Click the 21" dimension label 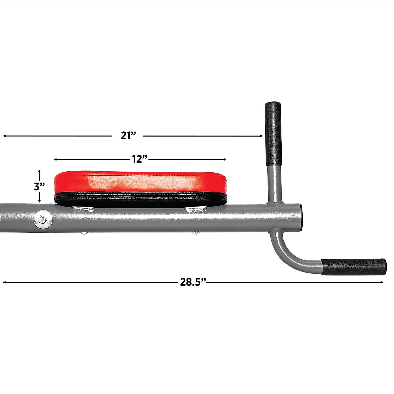128,136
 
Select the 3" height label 39,186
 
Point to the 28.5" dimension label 193,282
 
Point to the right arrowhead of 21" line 261,136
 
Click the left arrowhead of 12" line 55,159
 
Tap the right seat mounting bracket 196,209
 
